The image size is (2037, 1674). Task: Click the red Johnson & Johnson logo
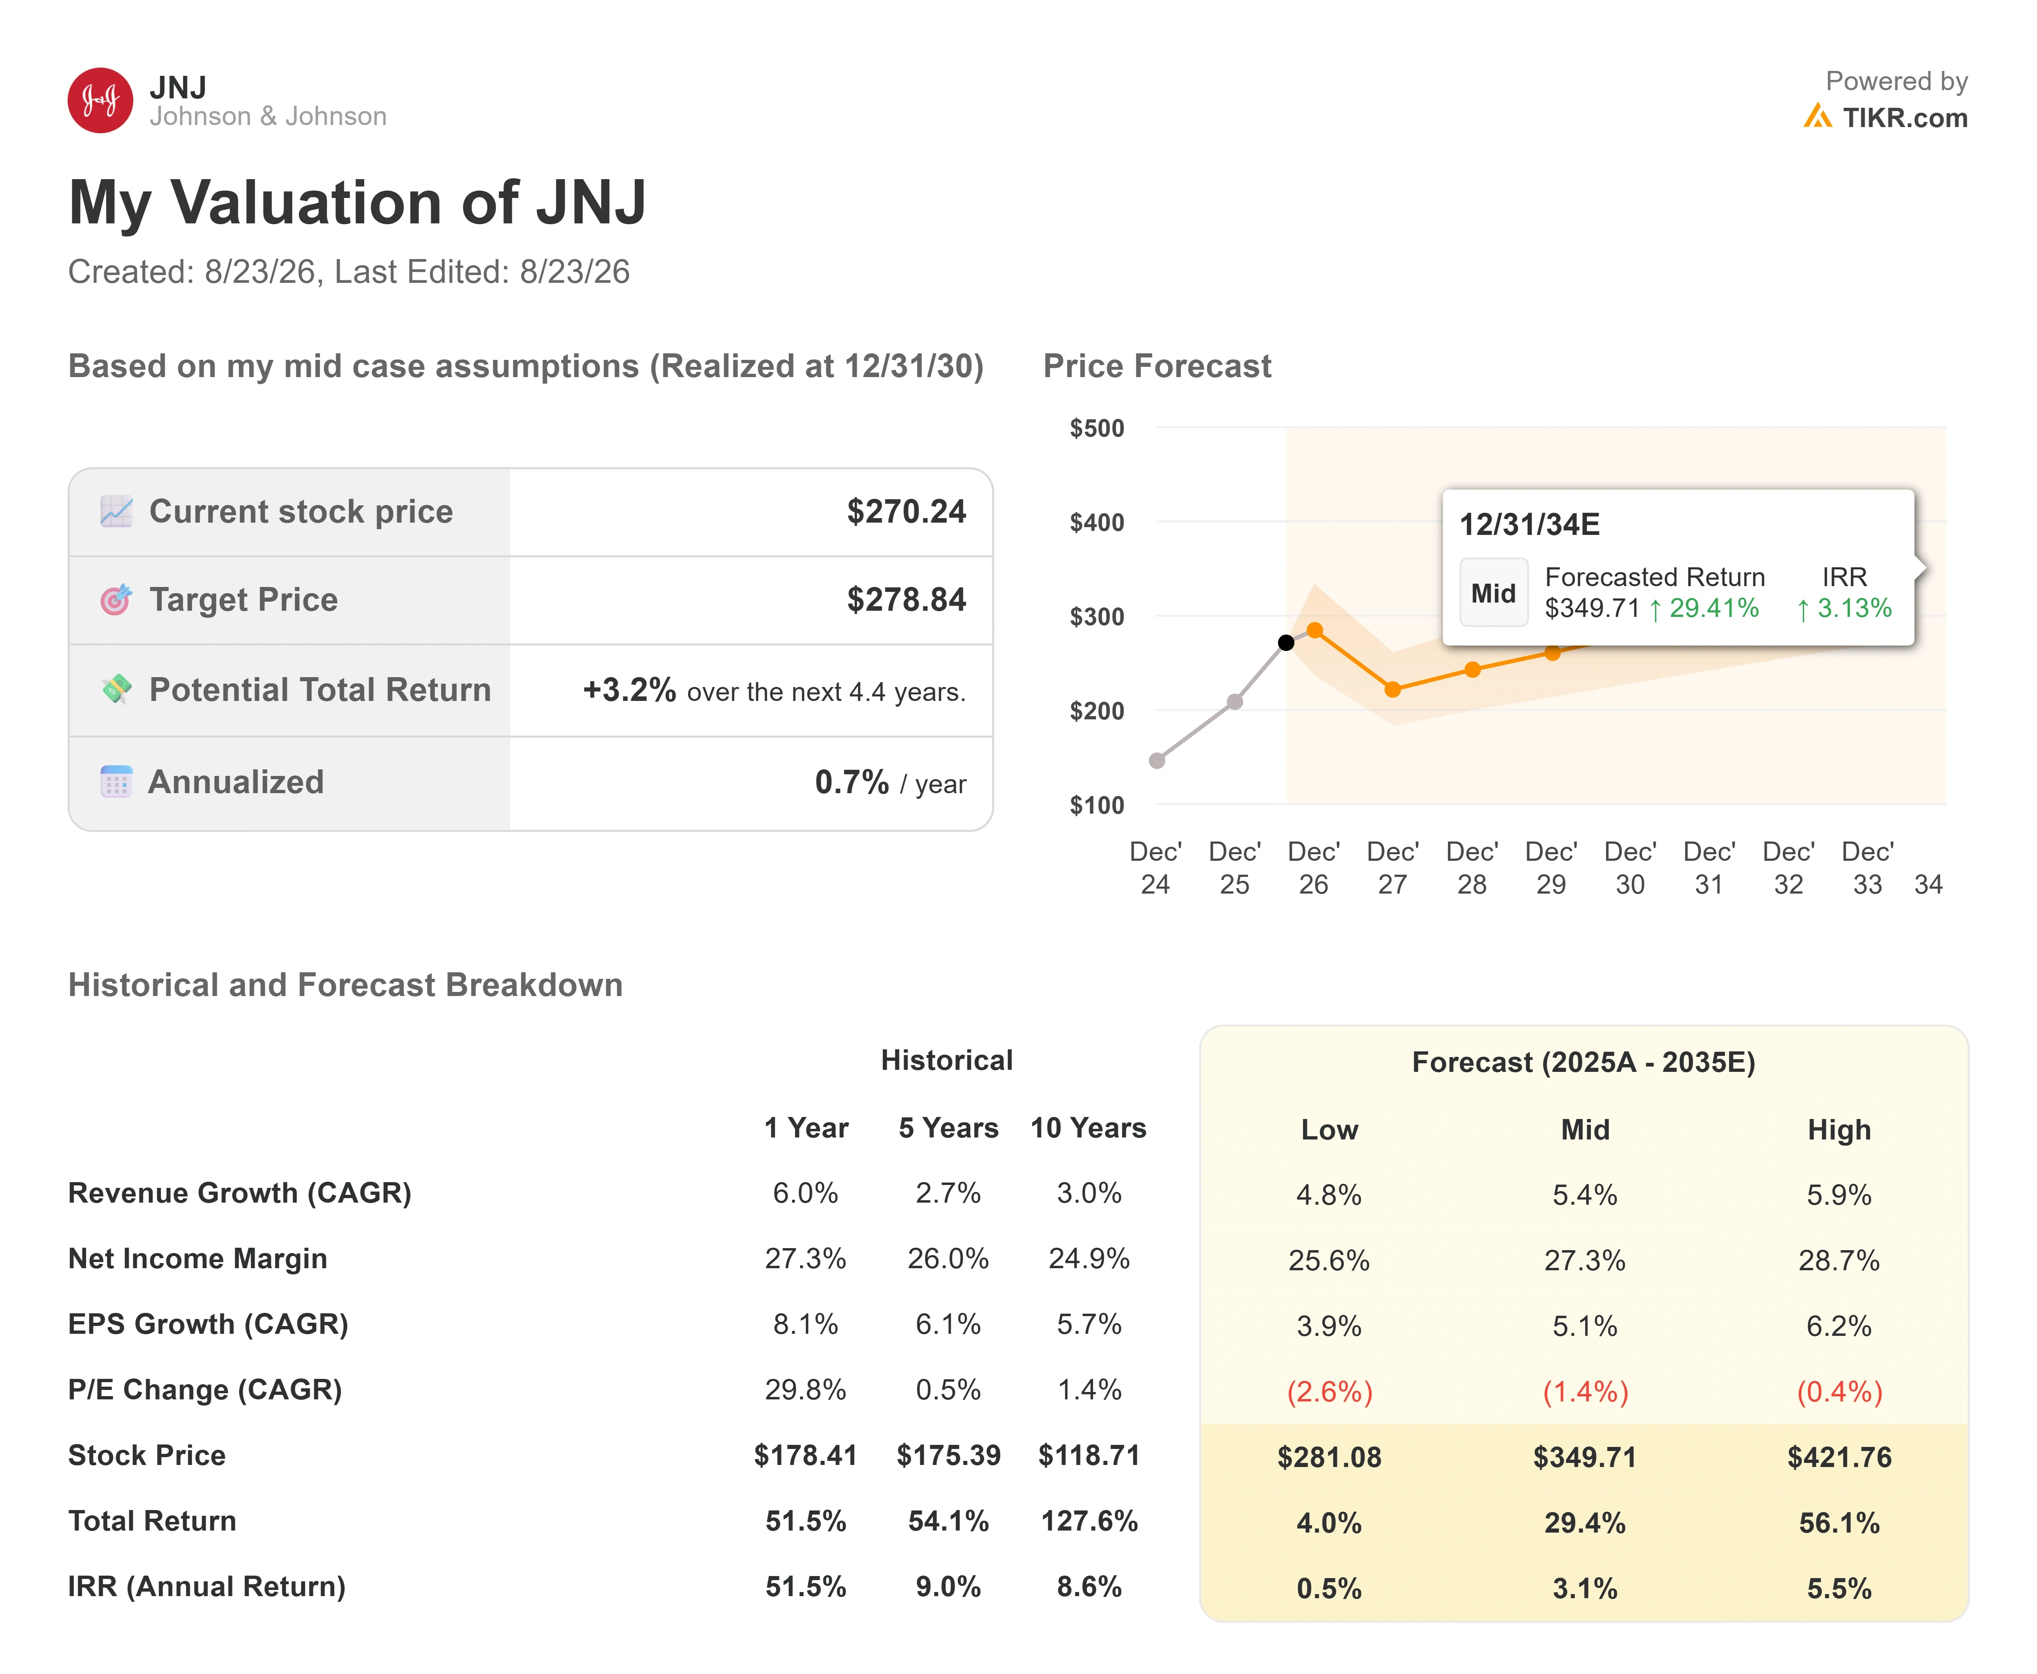pyautogui.click(x=100, y=100)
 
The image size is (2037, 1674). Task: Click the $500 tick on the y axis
pyautogui.click(x=1097, y=428)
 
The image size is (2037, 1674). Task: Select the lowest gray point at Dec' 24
pyautogui.click(x=1157, y=761)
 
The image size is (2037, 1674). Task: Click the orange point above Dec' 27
pyautogui.click(x=1393, y=689)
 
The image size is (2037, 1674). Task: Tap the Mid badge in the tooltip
pyautogui.click(x=1493, y=593)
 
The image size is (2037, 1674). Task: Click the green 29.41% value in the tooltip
pyautogui.click(x=1714, y=608)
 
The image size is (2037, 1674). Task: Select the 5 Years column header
pyautogui.click(x=948, y=1128)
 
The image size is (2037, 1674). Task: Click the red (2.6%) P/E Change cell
pyautogui.click(x=1329, y=1392)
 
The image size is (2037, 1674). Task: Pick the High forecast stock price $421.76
pyautogui.click(x=1839, y=1457)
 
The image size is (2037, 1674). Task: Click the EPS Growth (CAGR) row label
pyautogui.click(x=208, y=1324)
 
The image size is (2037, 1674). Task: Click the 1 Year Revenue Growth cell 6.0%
pyautogui.click(x=805, y=1193)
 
